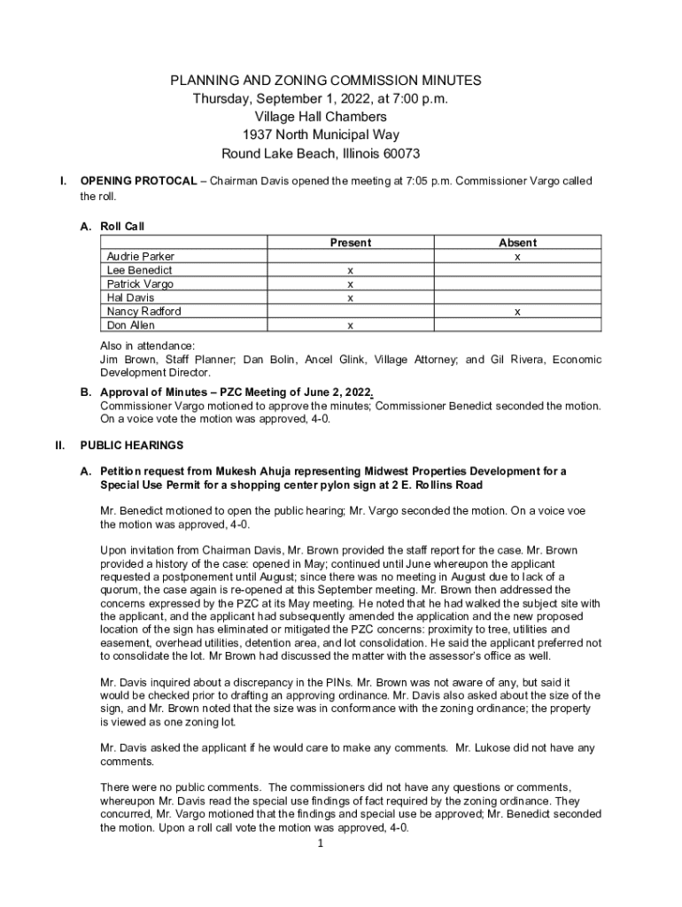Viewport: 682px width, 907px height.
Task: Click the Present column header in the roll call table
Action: click(x=351, y=243)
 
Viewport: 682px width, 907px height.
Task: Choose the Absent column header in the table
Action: click(x=517, y=243)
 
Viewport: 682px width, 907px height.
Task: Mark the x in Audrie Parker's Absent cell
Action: click(x=517, y=257)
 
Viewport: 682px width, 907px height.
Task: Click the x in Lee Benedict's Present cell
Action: click(x=351, y=270)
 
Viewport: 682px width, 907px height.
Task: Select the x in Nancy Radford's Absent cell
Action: click(x=517, y=312)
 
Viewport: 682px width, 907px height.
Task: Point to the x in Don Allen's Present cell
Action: click(x=351, y=325)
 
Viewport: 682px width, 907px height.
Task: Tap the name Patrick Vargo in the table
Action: click(x=140, y=284)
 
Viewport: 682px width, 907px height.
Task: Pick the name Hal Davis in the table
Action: click(x=130, y=298)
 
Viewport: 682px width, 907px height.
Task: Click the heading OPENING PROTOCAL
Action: click(x=138, y=182)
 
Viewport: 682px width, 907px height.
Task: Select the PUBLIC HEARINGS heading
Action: click(x=132, y=445)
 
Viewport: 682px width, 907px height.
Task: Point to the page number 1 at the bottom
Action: click(x=320, y=842)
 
